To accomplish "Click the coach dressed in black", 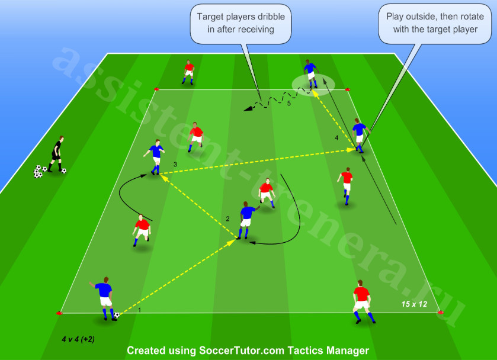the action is pos(57,154).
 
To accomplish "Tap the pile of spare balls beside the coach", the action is pos(39,172).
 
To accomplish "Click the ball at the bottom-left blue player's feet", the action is pos(117,316).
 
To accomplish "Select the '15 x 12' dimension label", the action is pos(414,304).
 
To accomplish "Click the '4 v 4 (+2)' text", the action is pos(78,339).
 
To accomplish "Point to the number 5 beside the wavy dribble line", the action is pos(288,103).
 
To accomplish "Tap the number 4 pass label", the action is pos(336,138).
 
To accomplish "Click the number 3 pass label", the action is pos(175,165).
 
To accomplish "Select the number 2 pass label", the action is pos(227,218).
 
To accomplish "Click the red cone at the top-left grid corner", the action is pos(156,89).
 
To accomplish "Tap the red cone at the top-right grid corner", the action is pos(348,89).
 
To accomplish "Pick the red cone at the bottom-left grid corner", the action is pos(59,313).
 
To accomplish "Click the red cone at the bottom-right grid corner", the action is pos(441,313).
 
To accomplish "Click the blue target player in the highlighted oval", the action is pos(311,74).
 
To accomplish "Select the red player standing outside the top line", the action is pos(188,72).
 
